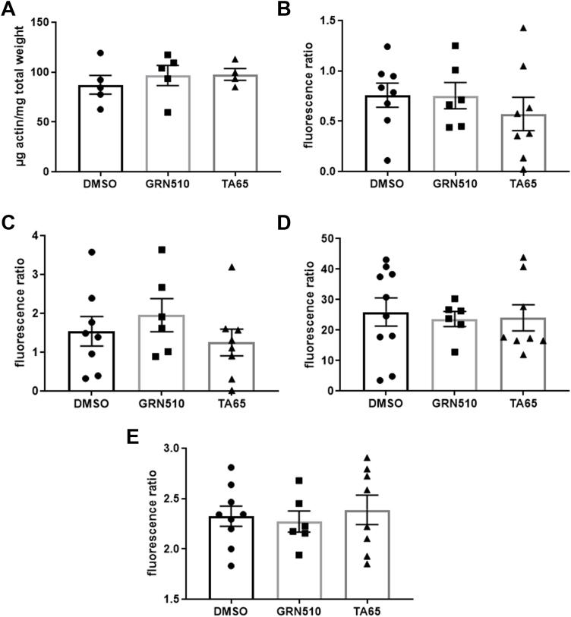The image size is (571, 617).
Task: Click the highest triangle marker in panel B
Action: coord(523,28)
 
